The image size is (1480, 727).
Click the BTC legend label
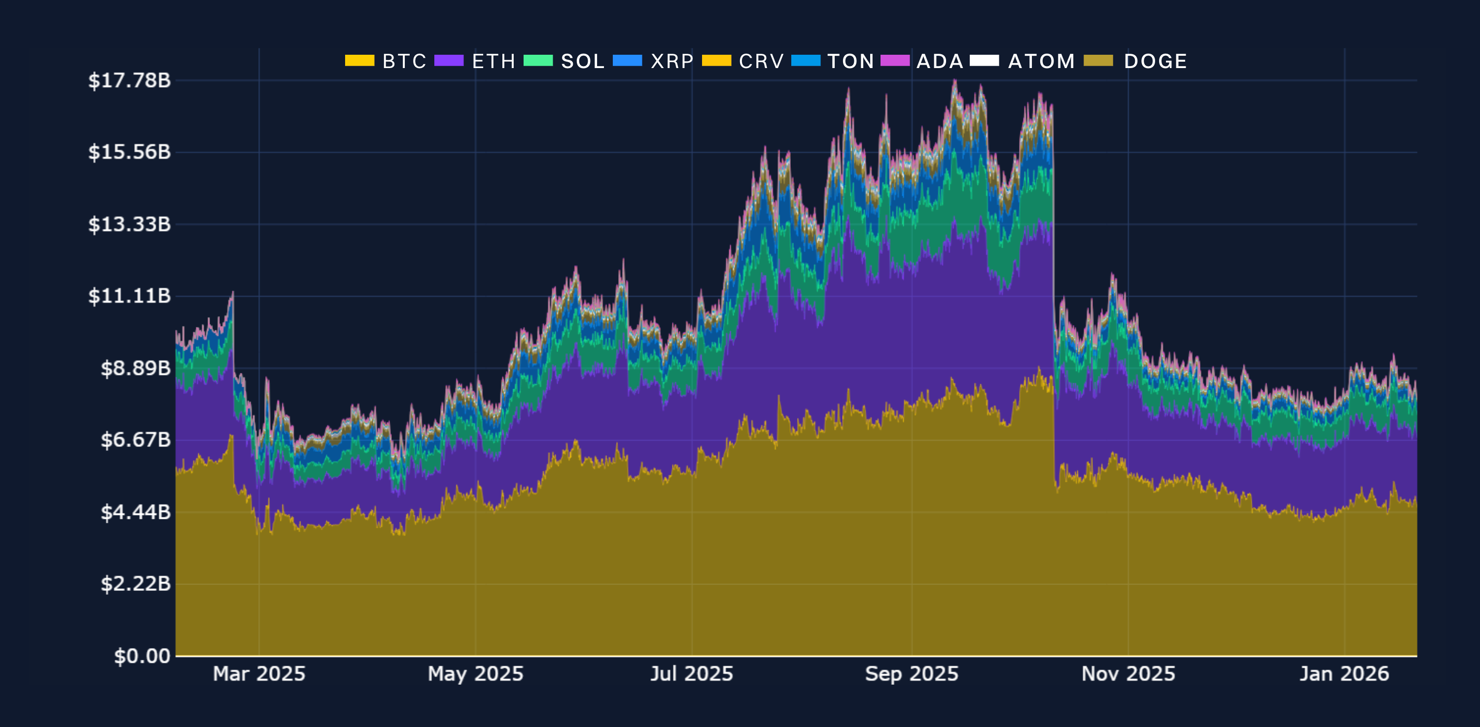404,61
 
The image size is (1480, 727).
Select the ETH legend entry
493,61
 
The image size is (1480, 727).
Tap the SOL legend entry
583,61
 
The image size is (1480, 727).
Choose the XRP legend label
671,61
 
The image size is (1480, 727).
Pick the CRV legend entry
761,61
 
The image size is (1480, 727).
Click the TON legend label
850,61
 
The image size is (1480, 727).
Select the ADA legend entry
939,61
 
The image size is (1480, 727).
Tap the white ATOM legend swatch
984,60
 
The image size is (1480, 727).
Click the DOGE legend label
1155,61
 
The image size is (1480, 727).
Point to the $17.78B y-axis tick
129,80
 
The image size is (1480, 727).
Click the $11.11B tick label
129,296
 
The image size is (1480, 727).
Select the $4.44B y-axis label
136,511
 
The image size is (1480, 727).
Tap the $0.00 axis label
142,656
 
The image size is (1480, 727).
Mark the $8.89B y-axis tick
136,368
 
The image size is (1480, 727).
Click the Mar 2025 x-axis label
259,674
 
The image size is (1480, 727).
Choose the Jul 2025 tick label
692,674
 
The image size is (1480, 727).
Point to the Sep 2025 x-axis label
912,674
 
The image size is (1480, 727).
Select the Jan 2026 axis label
1344,674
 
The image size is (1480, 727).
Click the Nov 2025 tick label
1128,674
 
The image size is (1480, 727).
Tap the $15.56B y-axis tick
129,152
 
